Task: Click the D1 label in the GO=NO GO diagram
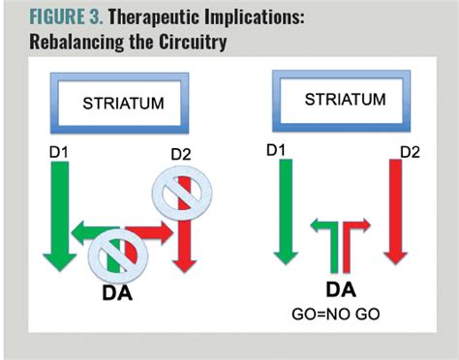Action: pos(276,149)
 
